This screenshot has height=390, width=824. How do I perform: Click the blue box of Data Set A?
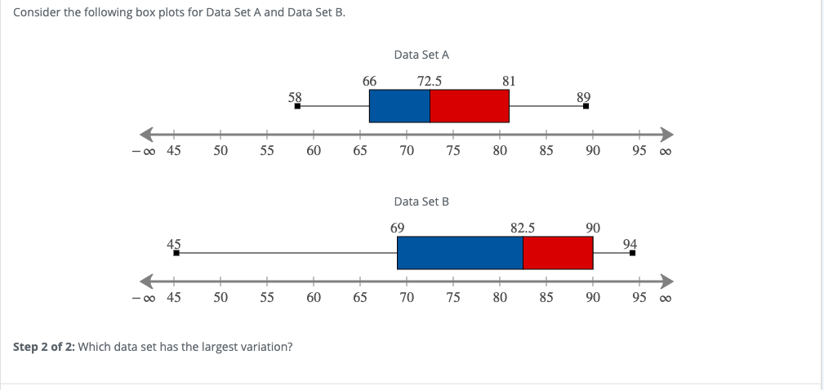pyautogui.click(x=399, y=105)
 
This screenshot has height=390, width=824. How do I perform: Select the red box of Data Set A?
pyautogui.click(x=470, y=105)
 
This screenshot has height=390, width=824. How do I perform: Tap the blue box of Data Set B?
pyautogui.click(x=460, y=252)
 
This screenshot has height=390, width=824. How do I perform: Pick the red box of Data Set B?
pyautogui.click(x=558, y=252)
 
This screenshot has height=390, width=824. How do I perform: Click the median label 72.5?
pyautogui.click(x=430, y=81)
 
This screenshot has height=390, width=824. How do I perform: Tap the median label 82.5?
pyautogui.click(x=523, y=228)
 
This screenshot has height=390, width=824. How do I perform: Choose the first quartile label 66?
pyautogui.click(x=369, y=81)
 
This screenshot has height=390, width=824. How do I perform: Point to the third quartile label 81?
pyautogui.click(x=509, y=81)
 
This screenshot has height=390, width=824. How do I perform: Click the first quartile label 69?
pyautogui.click(x=397, y=228)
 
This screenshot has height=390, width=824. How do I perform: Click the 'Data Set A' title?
pyautogui.click(x=421, y=55)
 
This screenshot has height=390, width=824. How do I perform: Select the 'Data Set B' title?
pyautogui.click(x=421, y=201)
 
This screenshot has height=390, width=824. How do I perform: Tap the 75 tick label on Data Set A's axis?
pyautogui.click(x=453, y=150)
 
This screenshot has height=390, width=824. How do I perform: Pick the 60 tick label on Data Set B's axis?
pyautogui.click(x=314, y=297)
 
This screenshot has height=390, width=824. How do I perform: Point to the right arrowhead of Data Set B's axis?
pyautogui.click(x=667, y=281)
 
